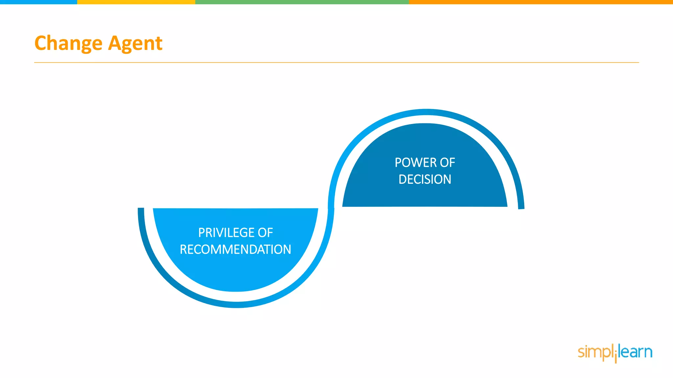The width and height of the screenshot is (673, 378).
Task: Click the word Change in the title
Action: [68, 43]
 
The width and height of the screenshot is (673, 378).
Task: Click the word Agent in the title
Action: [135, 43]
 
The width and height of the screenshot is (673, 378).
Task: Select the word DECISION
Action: [425, 179]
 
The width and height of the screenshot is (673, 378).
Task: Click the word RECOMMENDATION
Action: [235, 249]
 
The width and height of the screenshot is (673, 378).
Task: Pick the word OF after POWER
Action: [448, 163]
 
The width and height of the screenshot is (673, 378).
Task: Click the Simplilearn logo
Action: [615, 352]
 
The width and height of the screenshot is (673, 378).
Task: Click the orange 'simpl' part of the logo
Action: [595, 352]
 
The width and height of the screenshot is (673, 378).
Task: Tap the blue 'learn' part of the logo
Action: [636, 352]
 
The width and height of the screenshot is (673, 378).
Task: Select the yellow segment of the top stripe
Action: [136, 2]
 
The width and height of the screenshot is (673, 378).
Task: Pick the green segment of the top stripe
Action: [302, 2]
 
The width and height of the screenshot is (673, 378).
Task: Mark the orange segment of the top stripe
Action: [541, 2]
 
